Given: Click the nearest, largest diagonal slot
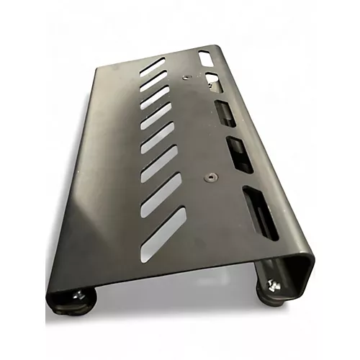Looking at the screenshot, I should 163,234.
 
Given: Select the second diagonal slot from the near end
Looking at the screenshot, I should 161,195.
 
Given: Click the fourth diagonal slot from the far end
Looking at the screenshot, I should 156,116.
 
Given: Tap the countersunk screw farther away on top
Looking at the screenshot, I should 186,76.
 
